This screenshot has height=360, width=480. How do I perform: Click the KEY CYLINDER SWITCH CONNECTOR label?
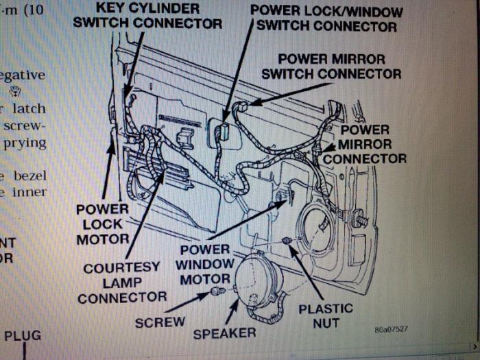(x=147, y=16)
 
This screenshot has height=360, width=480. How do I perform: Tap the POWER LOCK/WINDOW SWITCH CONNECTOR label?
(x=326, y=19)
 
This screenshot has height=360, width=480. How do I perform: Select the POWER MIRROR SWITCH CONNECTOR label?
(x=331, y=66)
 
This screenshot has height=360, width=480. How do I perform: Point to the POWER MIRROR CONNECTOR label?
(x=365, y=144)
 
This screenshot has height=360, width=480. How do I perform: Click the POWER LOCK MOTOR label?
(x=102, y=224)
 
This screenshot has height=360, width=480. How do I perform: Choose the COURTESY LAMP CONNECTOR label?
(x=122, y=282)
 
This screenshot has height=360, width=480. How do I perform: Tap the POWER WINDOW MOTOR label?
(x=204, y=264)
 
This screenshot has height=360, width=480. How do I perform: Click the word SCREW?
(x=160, y=322)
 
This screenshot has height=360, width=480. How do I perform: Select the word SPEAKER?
(x=224, y=333)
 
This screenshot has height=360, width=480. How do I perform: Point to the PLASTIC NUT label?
(x=325, y=316)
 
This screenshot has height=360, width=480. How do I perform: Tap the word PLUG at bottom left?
(x=23, y=336)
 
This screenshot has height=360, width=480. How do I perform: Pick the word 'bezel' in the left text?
(x=29, y=176)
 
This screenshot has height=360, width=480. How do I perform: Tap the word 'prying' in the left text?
(x=25, y=143)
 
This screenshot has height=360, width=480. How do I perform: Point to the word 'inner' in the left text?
(x=29, y=193)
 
